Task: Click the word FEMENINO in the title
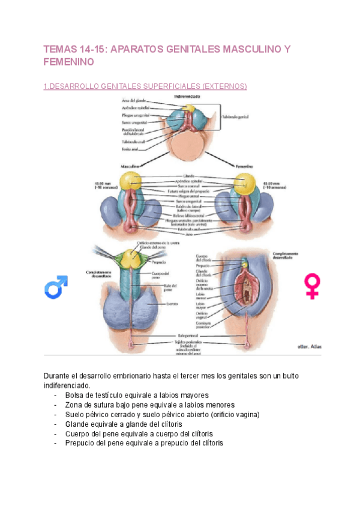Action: click(x=69, y=62)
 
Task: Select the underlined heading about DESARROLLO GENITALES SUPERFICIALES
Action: click(x=145, y=86)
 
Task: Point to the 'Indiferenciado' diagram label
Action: click(x=187, y=96)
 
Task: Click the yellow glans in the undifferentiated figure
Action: click(x=188, y=109)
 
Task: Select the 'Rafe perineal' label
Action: click(x=185, y=336)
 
